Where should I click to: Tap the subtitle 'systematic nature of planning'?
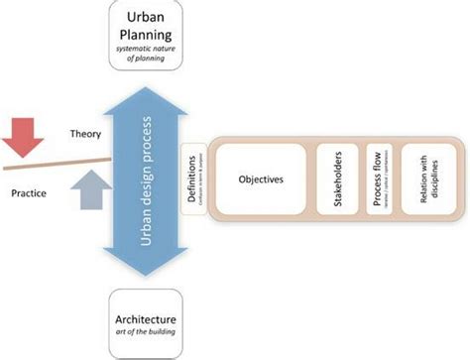(147, 57)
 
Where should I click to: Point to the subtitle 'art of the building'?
(147, 334)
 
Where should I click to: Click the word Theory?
(86, 133)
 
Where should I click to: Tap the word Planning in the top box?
(147, 40)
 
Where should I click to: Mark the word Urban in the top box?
(147, 20)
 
